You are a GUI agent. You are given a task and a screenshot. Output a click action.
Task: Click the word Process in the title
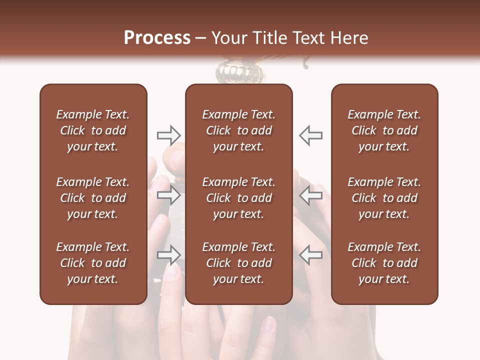pos(157,38)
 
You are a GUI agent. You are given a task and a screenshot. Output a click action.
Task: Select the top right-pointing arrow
pos(168,135)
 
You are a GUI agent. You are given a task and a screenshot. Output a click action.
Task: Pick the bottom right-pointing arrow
pos(168,255)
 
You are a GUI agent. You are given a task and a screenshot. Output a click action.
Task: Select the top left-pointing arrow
pos(311,135)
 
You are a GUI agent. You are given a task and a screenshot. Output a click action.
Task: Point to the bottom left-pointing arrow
pos(311,255)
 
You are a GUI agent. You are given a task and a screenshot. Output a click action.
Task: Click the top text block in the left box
pos(93,130)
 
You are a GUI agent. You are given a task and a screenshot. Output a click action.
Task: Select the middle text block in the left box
pos(93,198)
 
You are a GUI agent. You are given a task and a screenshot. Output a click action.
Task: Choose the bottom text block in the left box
pos(93,263)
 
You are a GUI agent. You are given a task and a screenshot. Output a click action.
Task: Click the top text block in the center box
pos(238,130)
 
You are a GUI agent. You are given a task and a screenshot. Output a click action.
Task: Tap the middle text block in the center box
pos(238,198)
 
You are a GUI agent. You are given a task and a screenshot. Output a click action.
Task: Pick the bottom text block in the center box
pos(238,263)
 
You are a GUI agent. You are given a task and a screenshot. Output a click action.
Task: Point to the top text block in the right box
pos(384,130)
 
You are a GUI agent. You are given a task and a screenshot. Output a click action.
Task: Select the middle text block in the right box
pos(384,198)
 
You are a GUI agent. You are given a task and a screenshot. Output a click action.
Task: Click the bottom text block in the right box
pos(384,263)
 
